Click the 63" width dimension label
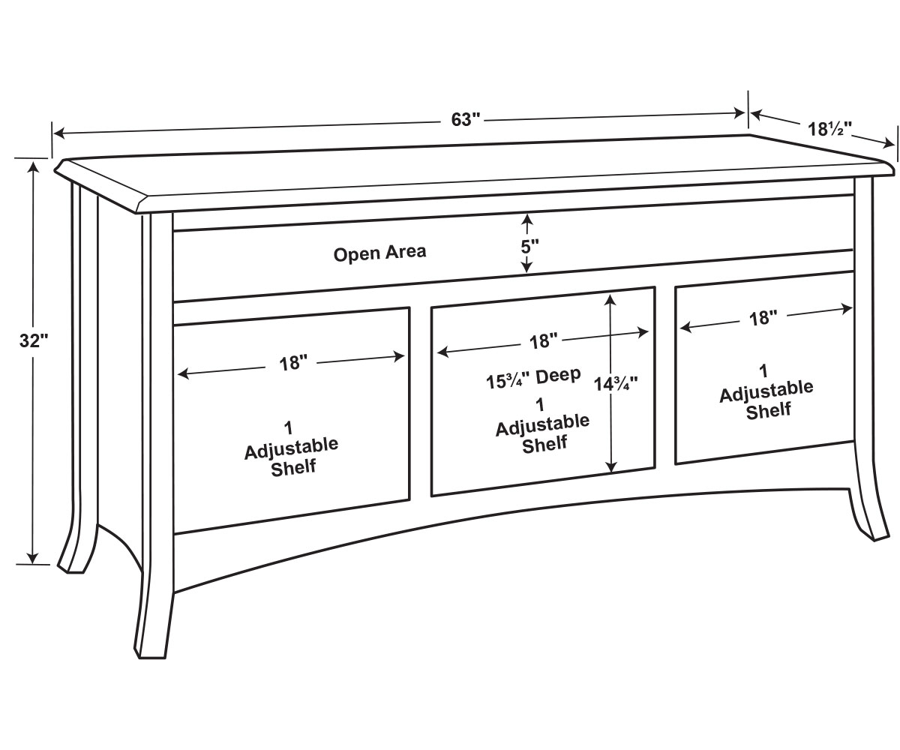click(465, 119)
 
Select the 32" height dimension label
click(33, 340)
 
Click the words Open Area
click(379, 253)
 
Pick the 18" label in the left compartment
click(293, 363)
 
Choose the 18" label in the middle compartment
click(543, 342)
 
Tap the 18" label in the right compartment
click(763, 318)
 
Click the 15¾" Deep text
click(533, 377)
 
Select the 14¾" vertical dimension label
click(616, 383)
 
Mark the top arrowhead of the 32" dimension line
click(33, 165)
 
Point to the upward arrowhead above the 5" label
click(527, 219)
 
